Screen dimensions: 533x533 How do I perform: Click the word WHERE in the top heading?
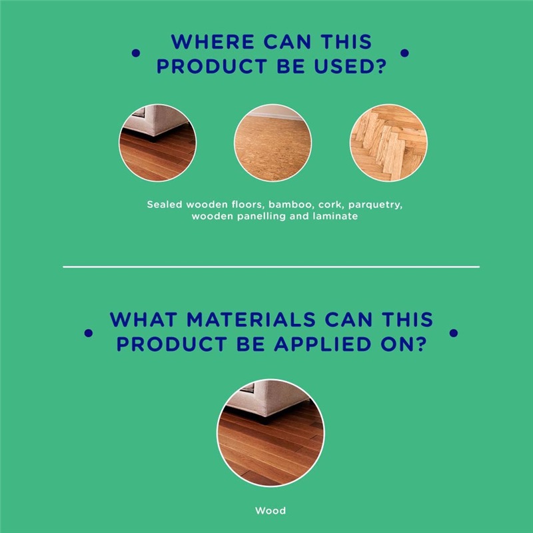pyautogui.click(x=213, y=42)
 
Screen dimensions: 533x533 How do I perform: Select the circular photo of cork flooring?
pyautogui.click(x=272, y=143)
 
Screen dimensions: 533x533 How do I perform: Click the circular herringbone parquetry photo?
pyautogui.click(x=388, y=143)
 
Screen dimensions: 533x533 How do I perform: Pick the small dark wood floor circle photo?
pyautogui.click(x=157, y=143)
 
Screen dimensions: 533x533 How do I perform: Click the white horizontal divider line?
pyautogui.click(x=271, y=267)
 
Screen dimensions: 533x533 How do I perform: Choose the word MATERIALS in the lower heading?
pyautogui.click(x=251, y=320)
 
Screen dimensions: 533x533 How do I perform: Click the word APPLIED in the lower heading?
pyautogui.click(x=322, y=344)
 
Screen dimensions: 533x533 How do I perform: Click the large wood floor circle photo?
pyautogui.click(x=270, y=433)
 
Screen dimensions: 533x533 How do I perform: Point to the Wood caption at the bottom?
pyautogui.click(x=270, y=510)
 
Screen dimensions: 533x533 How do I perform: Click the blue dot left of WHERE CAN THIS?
pyautogui.click(x=136, y=53)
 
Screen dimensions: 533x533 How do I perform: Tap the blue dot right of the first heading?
pyautogui.click(x=404, y=53)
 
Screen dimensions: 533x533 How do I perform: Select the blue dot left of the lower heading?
pyautogui.click(x=89, y=333)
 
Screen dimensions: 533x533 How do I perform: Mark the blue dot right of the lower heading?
pyautogui.click(x=454, y=333)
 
